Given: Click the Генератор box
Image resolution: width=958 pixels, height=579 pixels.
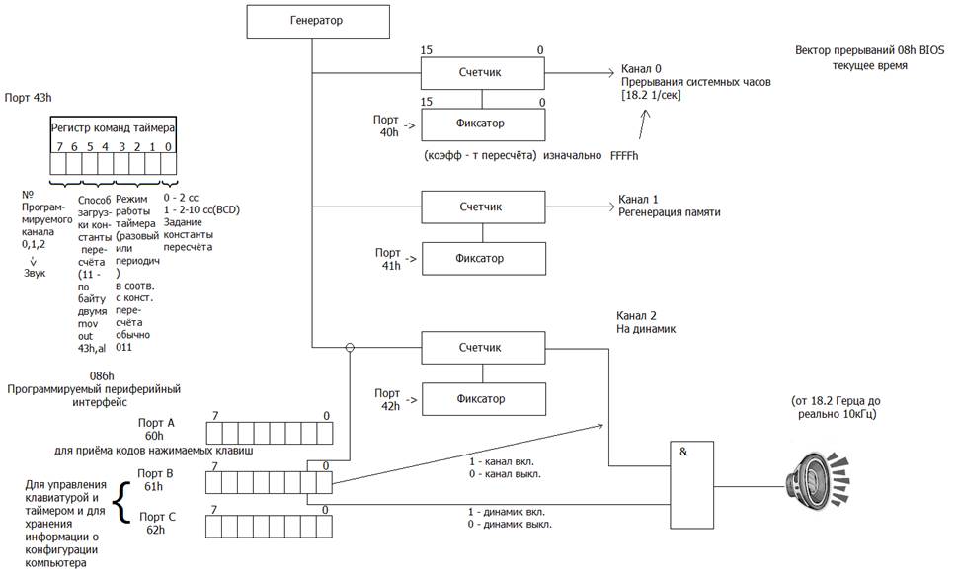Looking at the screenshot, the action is (x=318, y=22).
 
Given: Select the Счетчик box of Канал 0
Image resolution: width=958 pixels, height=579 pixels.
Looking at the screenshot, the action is (x=482, y=73).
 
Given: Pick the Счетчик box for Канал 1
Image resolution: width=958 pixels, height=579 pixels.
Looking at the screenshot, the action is (x=483, y=207).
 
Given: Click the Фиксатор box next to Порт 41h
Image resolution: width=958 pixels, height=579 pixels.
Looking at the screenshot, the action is (x=483, y=259).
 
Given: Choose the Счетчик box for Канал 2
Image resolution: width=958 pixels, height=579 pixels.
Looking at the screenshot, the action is (x=483, y=348).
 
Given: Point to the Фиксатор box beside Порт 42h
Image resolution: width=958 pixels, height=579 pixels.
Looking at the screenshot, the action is (x=483, y=399).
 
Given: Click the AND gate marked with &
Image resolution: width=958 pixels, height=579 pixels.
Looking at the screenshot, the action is (x=691, y=484).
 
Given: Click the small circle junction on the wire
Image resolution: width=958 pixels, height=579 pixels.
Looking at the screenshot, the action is (x=350, y=348).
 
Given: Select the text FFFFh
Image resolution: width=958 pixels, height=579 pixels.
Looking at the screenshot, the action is (x=624, y=156).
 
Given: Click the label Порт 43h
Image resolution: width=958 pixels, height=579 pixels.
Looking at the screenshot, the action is (x=28, y=98).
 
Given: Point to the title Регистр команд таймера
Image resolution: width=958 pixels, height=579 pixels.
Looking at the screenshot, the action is (x=113, y=128).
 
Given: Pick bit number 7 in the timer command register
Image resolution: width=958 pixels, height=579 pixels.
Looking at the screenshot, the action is (x=59, y=147).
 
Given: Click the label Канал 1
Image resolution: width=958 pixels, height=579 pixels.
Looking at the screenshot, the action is (x=638, y=200).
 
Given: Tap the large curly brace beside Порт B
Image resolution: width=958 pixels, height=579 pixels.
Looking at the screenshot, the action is (x=124, y=503).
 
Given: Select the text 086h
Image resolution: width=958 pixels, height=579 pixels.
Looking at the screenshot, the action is (x=102, y=376).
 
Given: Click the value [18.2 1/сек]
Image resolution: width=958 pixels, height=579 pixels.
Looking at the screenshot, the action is (x=651, y=96).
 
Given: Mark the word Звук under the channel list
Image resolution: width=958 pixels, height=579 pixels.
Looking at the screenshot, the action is (x=35, y=274).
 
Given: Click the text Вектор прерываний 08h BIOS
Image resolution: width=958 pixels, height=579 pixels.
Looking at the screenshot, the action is (x=869, y=50).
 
